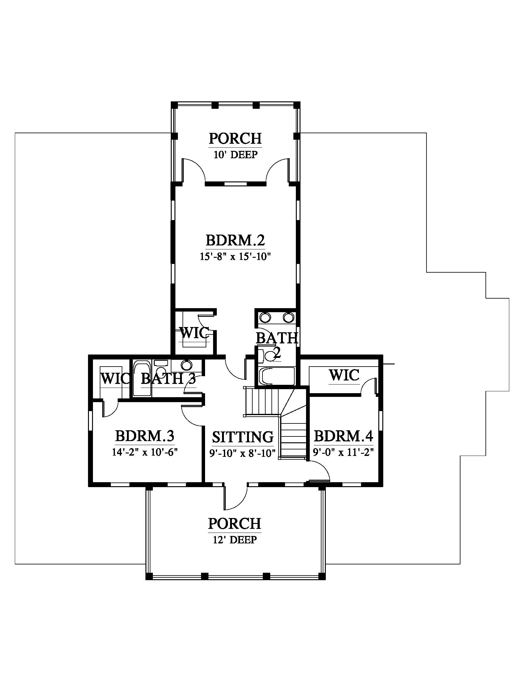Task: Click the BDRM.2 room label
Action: coord(235,240)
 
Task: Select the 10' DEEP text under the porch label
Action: coord(235,155)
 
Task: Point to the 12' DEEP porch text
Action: coord(235,539)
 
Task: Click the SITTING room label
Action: coord(243,437)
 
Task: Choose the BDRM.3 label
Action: coord(145,436)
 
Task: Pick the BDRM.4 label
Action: coord(343,436)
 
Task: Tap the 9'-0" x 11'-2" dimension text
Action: coord(343,452)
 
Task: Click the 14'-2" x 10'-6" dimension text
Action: coord(145,452)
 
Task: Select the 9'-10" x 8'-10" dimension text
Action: coord(243,453)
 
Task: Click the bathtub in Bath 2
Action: coord(276,377)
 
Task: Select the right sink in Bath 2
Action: coord(288,317)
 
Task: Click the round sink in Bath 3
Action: coord(186,365)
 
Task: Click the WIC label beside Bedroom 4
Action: coord(344,375)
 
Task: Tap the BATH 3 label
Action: coord(168,379)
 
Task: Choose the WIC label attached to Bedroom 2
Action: coord(194,333)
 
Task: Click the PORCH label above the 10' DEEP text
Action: coord(235,138)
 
